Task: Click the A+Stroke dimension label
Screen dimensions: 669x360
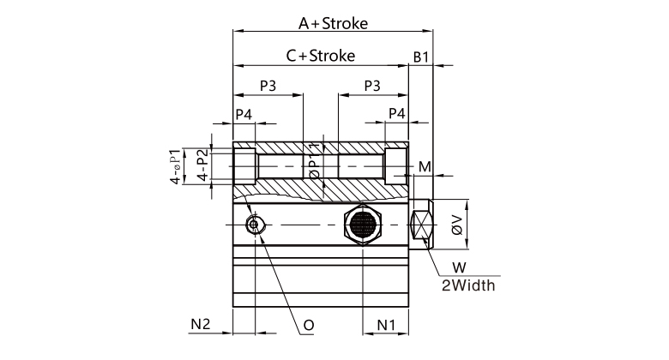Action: [x=333, y=23]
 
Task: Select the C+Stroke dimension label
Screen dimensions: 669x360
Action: [x=321, y=56]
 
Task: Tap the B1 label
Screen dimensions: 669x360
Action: [x=420, y=57]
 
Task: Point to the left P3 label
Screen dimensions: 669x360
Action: [x=268, y=86]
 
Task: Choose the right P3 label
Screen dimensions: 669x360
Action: [x=372, y=86]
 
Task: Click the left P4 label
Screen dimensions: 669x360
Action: [x=244, y=114]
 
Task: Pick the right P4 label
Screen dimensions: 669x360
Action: [x=397, y=113]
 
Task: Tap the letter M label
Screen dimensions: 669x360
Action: [x=425, y=166]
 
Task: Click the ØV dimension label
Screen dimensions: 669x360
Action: [x=457, y=225]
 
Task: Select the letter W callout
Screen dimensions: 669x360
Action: [x=459, y=267]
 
